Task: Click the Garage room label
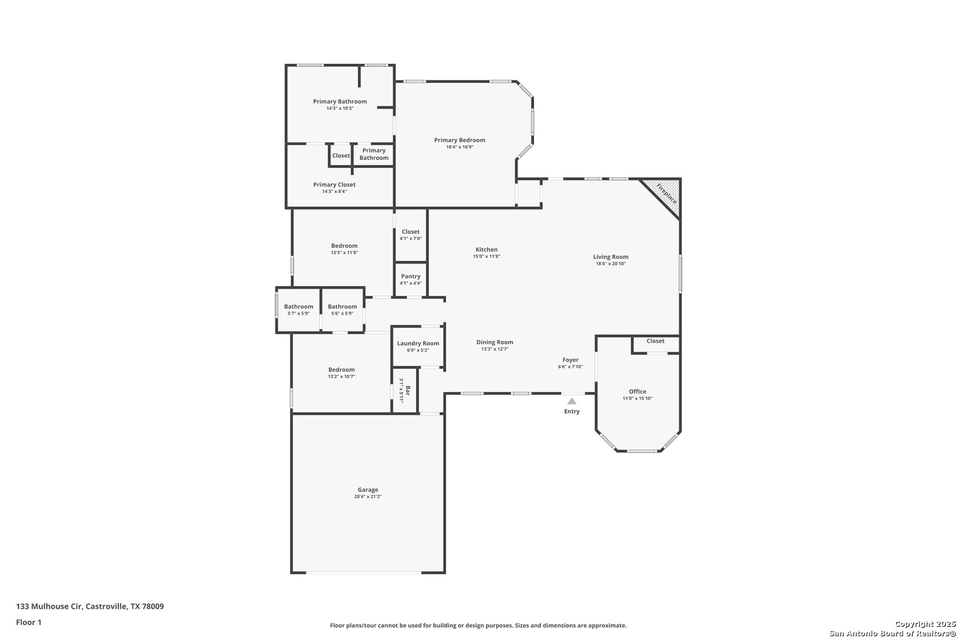[x=368, y=490]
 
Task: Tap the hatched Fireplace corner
[x=666, y=194]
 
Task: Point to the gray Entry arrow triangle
[x=572, y=401]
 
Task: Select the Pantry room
[x=411, y=279]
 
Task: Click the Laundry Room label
[x=418, y=343]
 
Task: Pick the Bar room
[x=405, y=390]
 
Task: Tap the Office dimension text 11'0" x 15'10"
[x=637, y=398]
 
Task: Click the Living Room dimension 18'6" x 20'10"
[x=610, y=263]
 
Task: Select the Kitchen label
[x=487, y=249]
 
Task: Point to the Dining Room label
[x=494, y=342]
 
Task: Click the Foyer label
[x=570, y=360]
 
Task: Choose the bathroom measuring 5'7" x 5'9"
[x=298, y=310]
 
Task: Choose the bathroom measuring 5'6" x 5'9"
[x=342, y=310]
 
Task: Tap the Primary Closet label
[x=334, y=184]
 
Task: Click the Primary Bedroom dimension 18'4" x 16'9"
[x=460, y=147]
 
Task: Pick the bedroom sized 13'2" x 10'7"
[x=341, y=373]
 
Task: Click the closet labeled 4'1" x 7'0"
[x=411, y=235]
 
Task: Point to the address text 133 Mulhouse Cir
[x=50, y=606]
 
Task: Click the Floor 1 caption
[x=28, y=622]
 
